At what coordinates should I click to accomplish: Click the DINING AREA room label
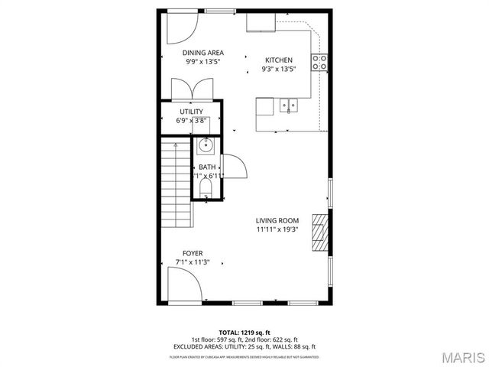(202, 53)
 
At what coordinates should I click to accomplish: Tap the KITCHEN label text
(278, 60)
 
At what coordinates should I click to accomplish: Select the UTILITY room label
(191, 112)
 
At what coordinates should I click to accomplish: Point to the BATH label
(206, 167)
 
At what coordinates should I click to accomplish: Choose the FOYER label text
(192, 252)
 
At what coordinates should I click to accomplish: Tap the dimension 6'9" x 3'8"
(191, 120)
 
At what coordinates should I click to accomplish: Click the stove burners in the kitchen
(319, 62)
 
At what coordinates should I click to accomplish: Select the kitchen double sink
(287, 105)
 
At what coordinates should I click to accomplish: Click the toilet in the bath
(206, 188)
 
